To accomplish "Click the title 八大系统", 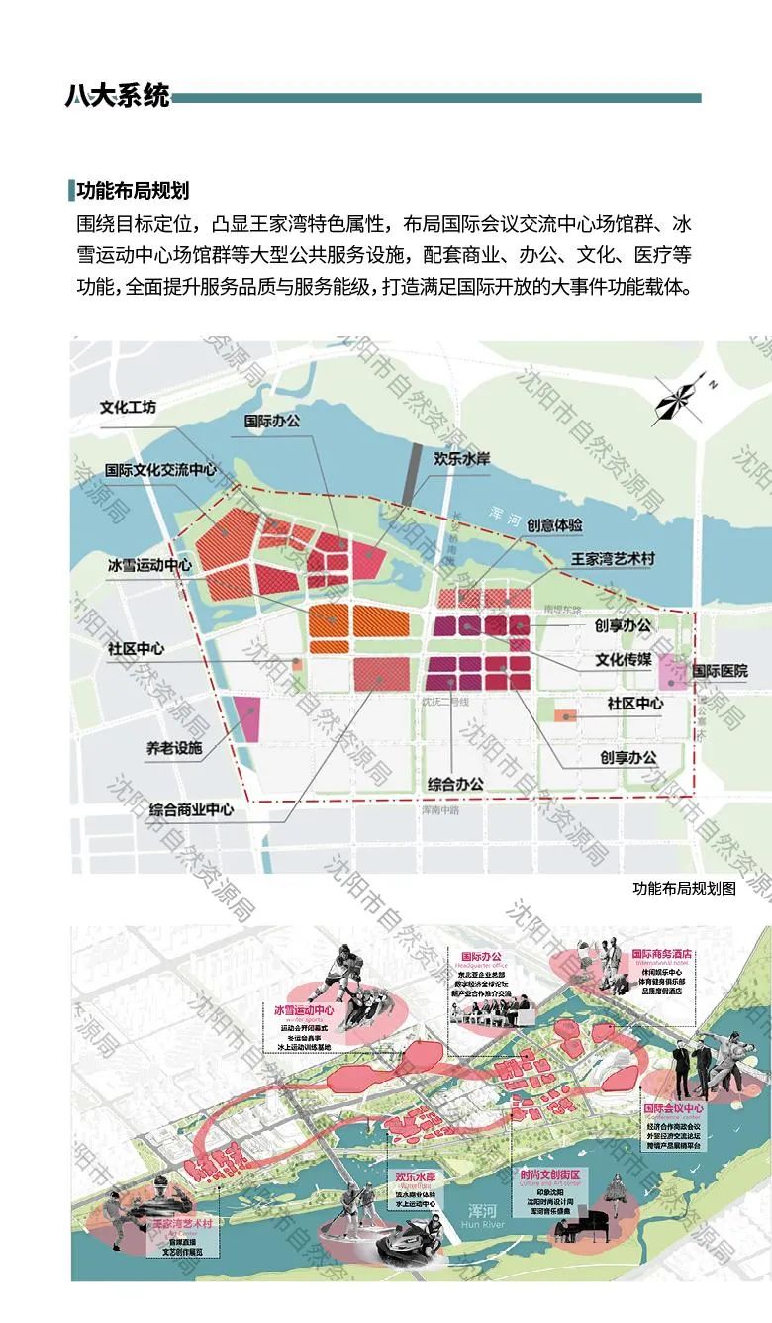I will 118,96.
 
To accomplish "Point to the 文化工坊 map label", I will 128,407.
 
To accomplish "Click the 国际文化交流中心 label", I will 160,470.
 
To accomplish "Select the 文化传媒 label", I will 624,659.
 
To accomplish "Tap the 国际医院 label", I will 720,671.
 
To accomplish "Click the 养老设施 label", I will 174,748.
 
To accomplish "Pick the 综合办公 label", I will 455,783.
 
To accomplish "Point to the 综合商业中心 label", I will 192,809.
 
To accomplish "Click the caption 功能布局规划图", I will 684,888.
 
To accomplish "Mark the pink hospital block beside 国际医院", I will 672,672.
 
